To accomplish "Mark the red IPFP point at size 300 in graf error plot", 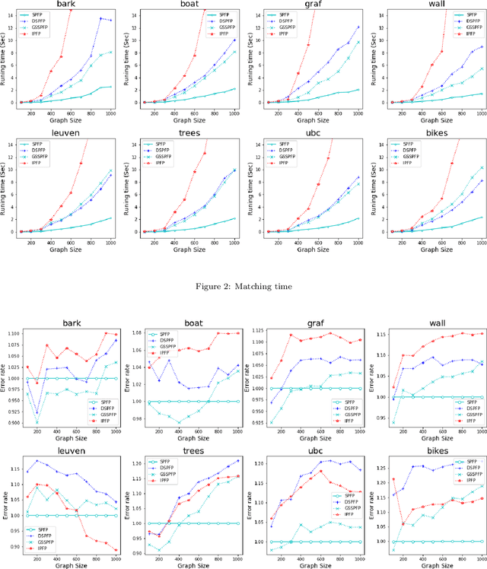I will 290,335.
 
